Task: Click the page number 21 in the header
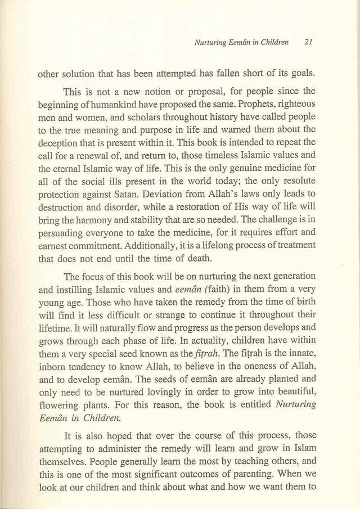[308, 42]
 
